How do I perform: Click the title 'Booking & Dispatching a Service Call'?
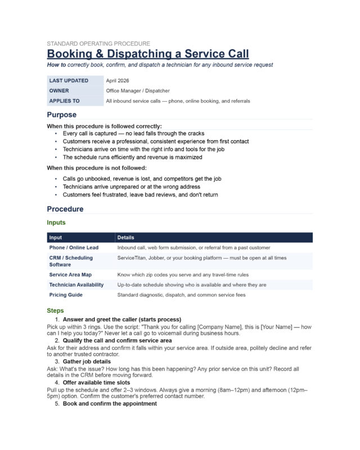147,54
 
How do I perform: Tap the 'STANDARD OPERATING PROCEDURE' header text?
98,43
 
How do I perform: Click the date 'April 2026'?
117,80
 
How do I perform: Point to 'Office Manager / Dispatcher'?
138,91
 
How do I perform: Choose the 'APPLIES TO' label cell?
64,101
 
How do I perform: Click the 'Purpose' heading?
61,115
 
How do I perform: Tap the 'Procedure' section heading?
65,209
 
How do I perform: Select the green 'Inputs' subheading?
56,223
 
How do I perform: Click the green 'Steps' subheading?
55,310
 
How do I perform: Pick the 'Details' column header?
126,237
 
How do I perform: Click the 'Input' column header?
56,237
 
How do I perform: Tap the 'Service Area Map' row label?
70,274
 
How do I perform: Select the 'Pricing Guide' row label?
66,295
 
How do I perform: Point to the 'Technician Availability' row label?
76,285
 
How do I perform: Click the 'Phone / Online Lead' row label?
74,247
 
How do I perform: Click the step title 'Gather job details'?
87,361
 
